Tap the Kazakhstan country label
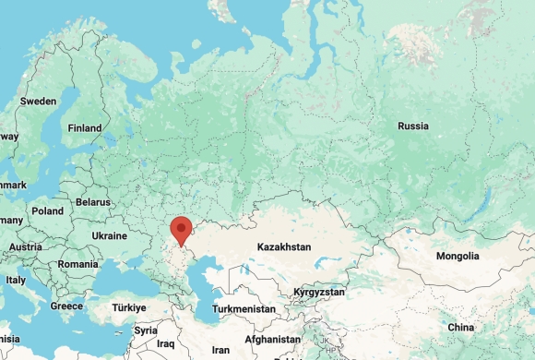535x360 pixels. pyautogui.click(x=284, y=247)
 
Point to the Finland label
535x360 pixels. pyautogui.click(x=84, y=128)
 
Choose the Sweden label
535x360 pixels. pyautogui.click(x=38, y=101)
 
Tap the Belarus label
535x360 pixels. pyautogui.click(x=92, y=201)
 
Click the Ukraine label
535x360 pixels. pyautogui.click(x=109, y=236)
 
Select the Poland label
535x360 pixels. pyautogui.click(x=47, y=210)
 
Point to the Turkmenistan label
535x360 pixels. pyautogui.click(x=244, y=308)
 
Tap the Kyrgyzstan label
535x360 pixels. pyautogui.click(x=318, y=292)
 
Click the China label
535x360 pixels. pyautogui.click(x=460, y=328)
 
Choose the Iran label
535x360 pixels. pyautogui.click(x=220, y=350)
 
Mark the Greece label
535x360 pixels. pyautogui.click(x=66, y=306)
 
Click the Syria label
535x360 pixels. pyautogui.click(x=145, y=330)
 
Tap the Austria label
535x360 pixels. pyautogui.click(x=26, y=247)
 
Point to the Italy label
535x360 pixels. pyautogui.click(x=16, y=280)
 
